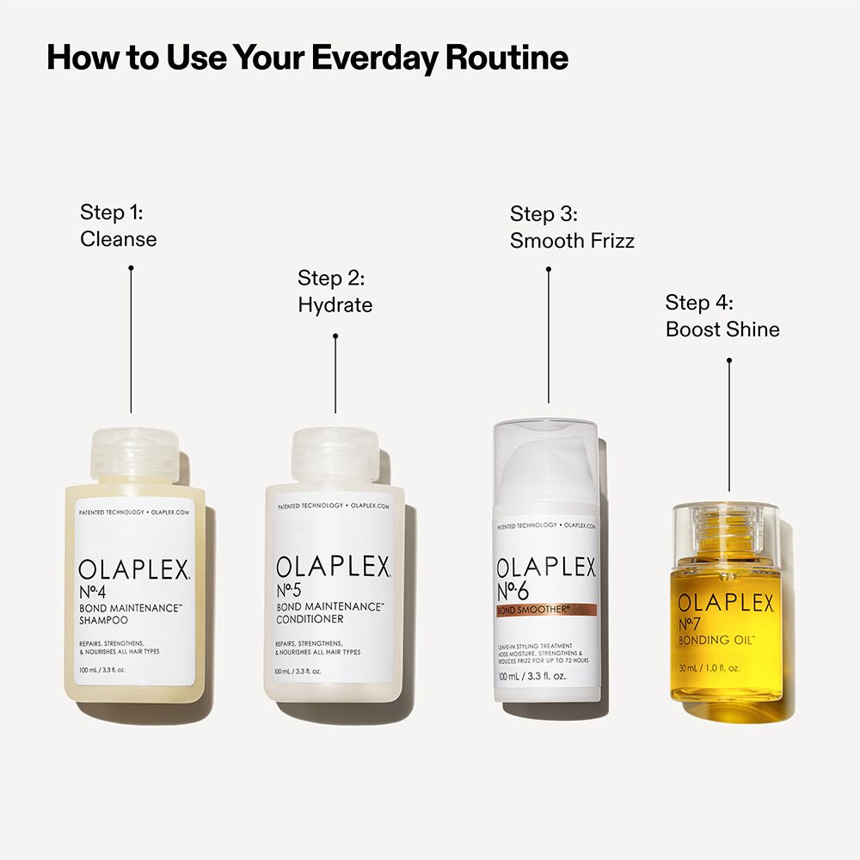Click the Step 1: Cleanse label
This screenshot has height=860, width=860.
click(x=119, y=225)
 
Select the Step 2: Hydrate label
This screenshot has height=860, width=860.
click(x=335, y=292)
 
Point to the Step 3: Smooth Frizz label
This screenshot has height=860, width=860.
click(x=572, y=227)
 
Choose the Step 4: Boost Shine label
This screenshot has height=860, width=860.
click(x=722, y=316)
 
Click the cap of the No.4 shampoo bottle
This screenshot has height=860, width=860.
click(x=135, y=455)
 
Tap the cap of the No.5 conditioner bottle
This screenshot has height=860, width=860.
click(x=335, y=455)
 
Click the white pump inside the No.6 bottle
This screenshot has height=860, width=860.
click(x=548, y=469)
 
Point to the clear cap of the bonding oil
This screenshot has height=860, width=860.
click(x=724, y=529)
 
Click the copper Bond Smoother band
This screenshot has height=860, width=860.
click(x=546, y=610)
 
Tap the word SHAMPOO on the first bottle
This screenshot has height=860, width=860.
click(x=102, y=619)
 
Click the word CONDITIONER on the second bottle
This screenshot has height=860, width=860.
click(x=310, y=619)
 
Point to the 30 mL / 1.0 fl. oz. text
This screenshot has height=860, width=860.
click(x=709, y=667)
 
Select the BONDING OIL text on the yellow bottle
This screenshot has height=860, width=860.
click(x=716, y=641)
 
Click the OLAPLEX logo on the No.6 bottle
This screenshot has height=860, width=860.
click(x=547, y=568)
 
